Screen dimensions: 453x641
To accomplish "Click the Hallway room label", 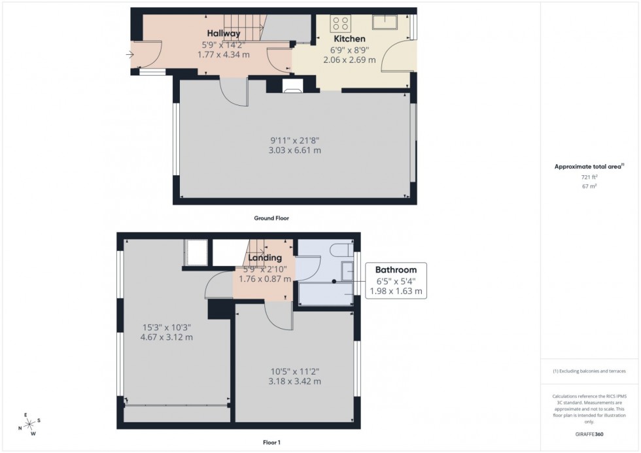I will point(224,33).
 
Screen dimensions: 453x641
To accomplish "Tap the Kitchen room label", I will point(349,39).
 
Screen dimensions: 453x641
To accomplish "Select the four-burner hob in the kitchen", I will point(340,24).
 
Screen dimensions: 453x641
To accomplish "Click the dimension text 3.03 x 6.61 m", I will point(296,150).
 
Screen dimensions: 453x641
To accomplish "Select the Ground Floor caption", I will point(271,218).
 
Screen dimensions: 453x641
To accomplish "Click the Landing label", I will point(264,258).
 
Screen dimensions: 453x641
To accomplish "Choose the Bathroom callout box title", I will point(396,269).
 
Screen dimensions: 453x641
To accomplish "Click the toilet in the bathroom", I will point(339,249).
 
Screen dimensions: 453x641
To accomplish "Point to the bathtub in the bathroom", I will point(325,295).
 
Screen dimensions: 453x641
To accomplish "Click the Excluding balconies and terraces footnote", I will point(589,371).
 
